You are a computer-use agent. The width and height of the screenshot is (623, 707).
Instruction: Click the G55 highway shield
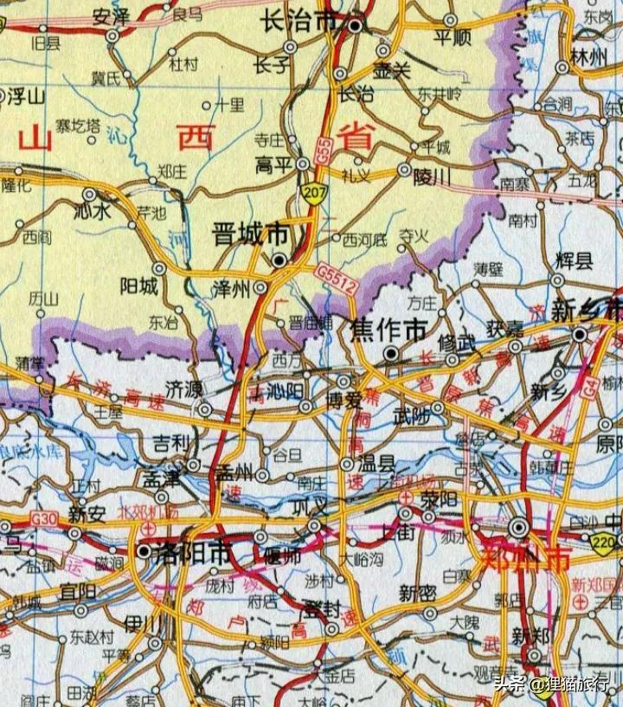point(323,155)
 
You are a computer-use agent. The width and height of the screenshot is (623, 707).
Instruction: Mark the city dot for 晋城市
point(279,259)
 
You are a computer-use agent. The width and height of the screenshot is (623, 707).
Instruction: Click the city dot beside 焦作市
point(391,353)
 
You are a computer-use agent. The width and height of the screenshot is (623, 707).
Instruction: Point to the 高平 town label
point(275,163)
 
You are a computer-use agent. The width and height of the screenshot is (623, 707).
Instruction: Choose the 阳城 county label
point(138,286)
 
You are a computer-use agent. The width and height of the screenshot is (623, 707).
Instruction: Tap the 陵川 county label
point(433,177)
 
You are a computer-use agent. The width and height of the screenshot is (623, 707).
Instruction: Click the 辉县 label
point(574,260)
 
